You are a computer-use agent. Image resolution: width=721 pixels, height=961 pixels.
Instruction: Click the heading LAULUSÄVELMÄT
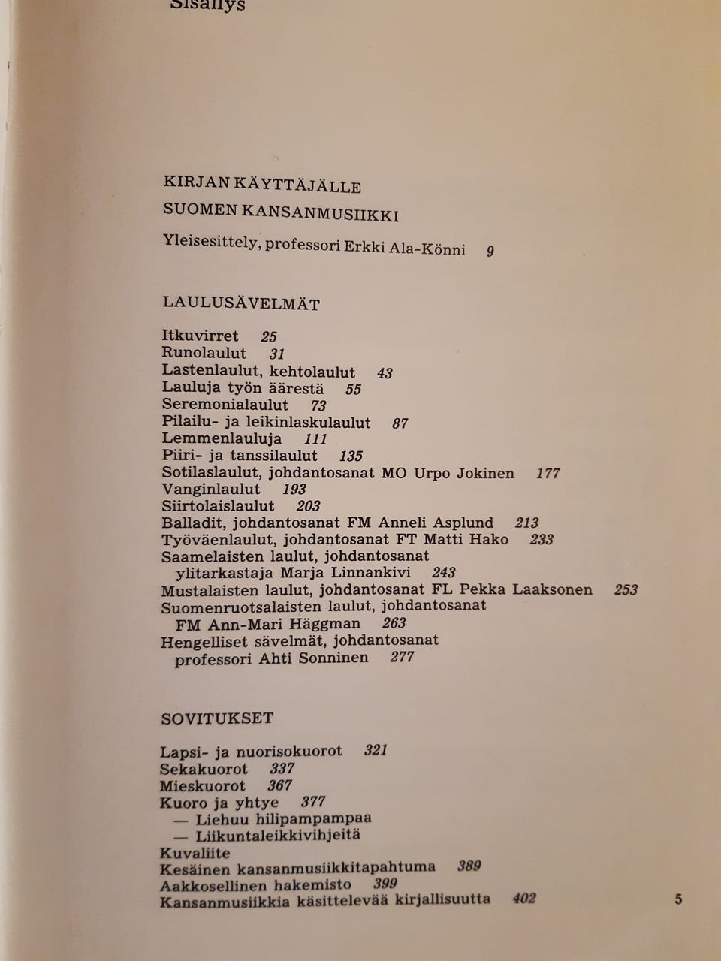(241, 304)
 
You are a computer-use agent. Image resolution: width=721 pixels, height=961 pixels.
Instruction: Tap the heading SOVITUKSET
(217, 718)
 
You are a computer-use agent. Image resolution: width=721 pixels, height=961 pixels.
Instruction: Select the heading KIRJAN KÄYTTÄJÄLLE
(262, 185)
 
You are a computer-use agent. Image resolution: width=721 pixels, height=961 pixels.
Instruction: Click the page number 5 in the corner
(678, 899)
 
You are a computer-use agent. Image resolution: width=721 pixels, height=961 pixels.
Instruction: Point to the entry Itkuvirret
(200, 336)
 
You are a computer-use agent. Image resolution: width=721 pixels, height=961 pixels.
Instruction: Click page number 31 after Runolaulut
(277, 353)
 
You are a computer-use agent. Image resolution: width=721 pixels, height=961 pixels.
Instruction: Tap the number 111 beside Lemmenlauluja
(316, 439)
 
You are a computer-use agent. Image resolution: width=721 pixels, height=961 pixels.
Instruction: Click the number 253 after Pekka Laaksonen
(626, 589)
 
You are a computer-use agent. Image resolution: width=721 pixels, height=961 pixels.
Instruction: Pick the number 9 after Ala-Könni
(490, 251)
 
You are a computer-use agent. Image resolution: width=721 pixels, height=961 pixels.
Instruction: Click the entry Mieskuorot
(202, 785)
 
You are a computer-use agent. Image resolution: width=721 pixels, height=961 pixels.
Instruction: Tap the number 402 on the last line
(523, 898)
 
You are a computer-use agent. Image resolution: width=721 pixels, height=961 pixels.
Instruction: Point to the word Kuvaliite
(195, 853)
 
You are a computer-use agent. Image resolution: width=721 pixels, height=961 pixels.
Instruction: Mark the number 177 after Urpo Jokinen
(548, 473)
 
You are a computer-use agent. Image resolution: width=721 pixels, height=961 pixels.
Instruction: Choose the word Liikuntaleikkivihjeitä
(278, 835)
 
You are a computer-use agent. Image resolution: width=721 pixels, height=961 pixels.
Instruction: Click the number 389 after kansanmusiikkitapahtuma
(469, 866)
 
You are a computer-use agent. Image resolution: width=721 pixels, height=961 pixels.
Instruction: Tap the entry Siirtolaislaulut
(218, 505)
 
